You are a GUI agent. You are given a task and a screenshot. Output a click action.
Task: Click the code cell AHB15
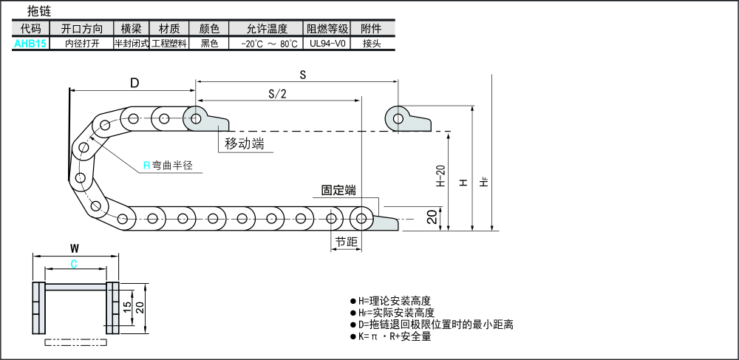(x=30, y=44)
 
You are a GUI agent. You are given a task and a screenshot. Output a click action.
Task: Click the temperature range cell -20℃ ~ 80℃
(x=268, y=44)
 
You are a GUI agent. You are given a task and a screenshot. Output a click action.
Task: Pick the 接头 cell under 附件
(x=372, y=44)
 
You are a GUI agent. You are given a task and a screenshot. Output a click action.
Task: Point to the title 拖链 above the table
(x=38, y=11)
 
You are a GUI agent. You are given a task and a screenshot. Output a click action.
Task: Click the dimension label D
(x=134, y=83)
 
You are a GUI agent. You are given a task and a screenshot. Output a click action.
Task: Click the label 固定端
(x=338, y=190)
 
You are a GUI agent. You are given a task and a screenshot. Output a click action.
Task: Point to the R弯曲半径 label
(x=168, y=166)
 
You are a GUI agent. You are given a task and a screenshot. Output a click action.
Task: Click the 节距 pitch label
(x=345, y=242)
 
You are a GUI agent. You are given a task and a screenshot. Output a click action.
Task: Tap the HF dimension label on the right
(x=485, y=180)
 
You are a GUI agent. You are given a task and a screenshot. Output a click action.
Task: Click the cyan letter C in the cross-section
(x=74, y=264)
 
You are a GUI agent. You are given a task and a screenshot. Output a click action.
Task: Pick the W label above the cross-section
(x=74, y=248)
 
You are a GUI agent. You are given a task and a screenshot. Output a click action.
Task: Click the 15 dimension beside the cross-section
(x=127, y=305)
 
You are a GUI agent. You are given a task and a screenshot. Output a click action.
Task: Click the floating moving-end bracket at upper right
(x=408, y=119)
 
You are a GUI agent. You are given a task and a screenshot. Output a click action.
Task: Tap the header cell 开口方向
(x=81, y=29)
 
